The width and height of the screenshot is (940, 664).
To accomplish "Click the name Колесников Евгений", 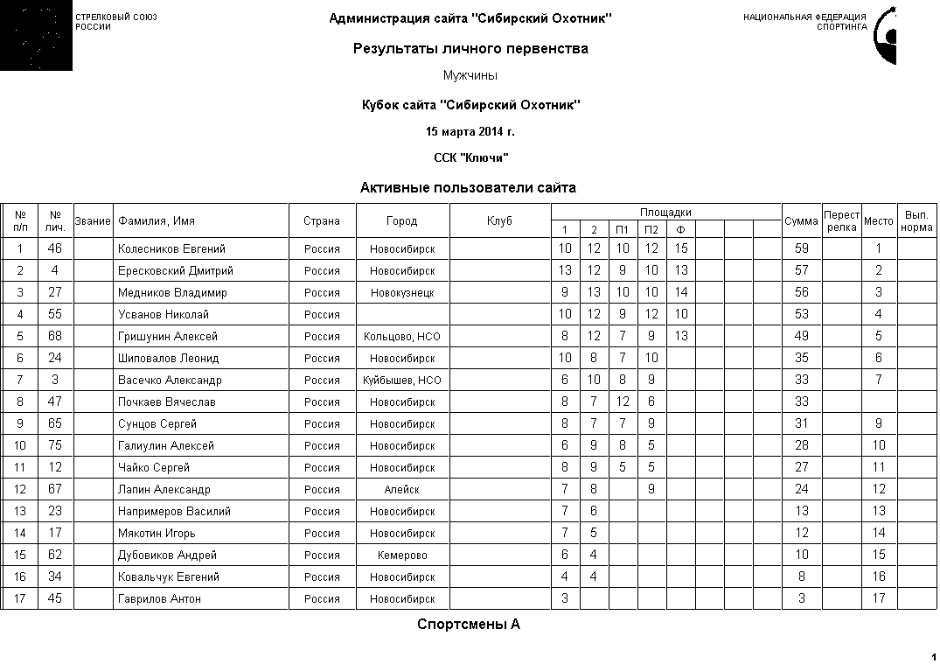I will pos(171,249).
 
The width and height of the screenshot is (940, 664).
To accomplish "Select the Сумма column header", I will pos(801,221).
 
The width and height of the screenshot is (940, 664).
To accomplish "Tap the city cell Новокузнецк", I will pos(402,293).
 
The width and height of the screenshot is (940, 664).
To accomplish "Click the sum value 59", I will pos(801,249).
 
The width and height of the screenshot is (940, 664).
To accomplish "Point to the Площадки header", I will pos(665,213).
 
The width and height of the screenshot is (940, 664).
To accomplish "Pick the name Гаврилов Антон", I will pos(159,599).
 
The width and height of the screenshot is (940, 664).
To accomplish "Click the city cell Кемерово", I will pos(402,556).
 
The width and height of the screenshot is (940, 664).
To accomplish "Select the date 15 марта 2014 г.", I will pos(470,132).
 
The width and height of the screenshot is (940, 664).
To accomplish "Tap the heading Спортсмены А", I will pos(469,625).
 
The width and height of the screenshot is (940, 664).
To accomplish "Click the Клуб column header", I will pos(499,221).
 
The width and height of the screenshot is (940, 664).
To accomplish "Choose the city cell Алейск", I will pos(402,490).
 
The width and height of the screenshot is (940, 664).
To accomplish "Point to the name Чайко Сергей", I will pos(154,468).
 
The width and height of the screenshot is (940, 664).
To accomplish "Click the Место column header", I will pos(878,221).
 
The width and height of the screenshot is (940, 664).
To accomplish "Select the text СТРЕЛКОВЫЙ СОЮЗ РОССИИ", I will pos(116,22).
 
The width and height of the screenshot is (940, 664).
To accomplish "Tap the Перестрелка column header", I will pos(841,221).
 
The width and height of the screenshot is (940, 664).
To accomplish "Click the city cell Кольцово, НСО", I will pos(402,337).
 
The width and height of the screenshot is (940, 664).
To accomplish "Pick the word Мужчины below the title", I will pos(470,76).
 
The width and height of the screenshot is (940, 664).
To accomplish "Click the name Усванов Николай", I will pos(164,315).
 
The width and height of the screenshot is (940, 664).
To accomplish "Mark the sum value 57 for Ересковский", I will pos(801,271).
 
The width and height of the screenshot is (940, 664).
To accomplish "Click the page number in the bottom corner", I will pos(933,656).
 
